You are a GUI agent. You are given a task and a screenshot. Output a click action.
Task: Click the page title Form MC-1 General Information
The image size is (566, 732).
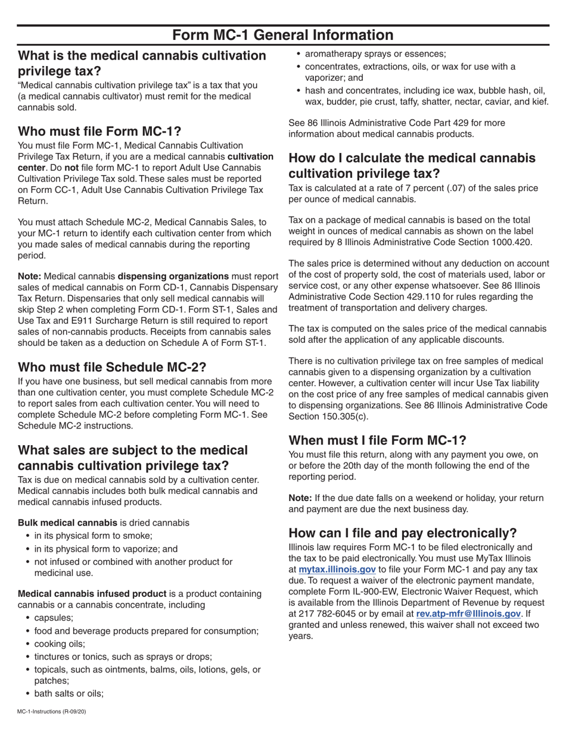pos(283,35)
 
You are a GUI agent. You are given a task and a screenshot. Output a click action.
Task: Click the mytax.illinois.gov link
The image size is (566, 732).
pos(337,570)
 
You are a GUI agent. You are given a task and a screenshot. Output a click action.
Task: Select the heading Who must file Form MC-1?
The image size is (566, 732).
pos(99,131)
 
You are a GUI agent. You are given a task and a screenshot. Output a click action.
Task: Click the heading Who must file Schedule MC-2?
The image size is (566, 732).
pos(113,367)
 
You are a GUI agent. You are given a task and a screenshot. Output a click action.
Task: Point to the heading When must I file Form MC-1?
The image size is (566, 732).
pos(377,440)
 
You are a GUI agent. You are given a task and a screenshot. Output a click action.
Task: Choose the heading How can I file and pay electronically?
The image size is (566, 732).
pos(403,533)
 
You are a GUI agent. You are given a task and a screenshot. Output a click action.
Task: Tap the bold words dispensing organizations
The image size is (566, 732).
pos(173,276)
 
